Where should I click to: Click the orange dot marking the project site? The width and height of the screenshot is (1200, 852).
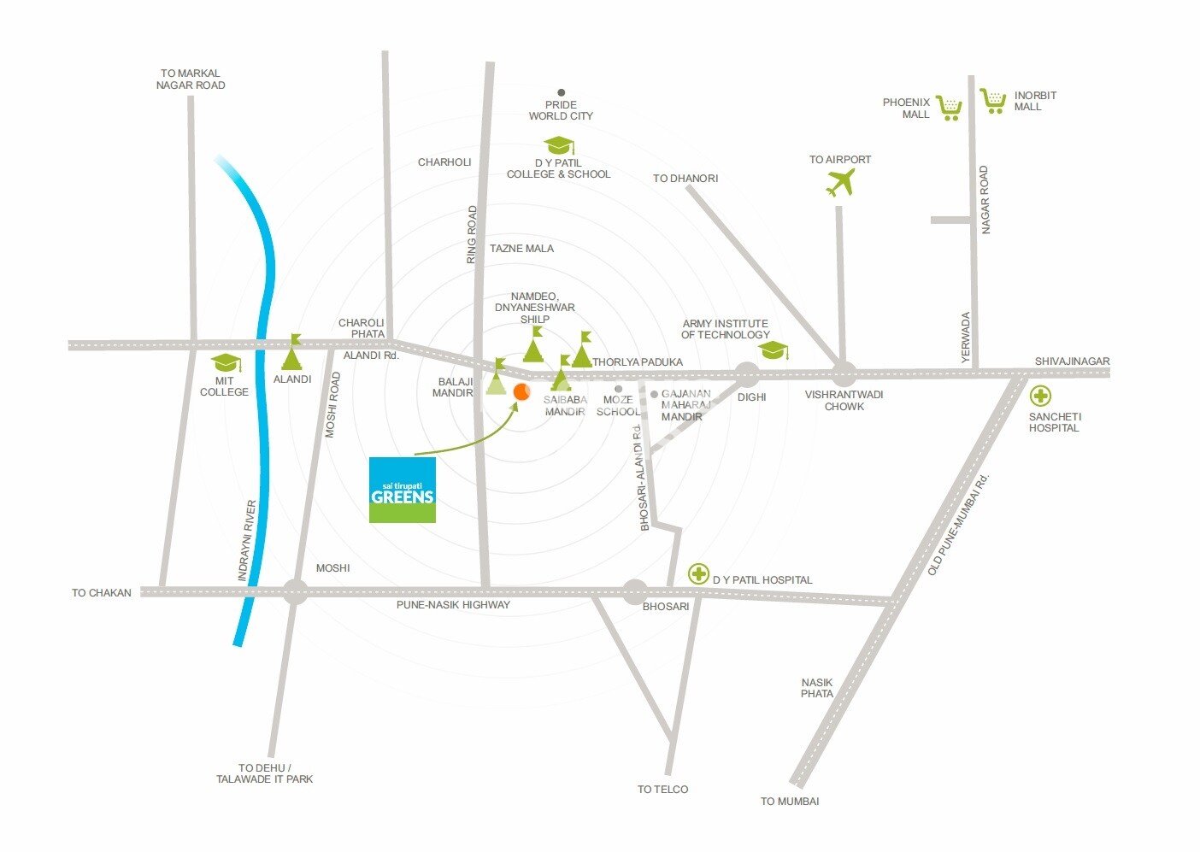click(x=521, y=391)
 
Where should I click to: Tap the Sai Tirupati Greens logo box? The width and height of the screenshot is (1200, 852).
click(x=403, y=490)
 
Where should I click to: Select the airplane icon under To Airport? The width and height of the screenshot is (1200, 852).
click(x=841, y=182)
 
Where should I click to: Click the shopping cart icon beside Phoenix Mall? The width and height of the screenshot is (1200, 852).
click(x=949, y=108)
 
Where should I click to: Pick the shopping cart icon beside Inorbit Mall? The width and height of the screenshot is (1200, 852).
click(x=993, y=101)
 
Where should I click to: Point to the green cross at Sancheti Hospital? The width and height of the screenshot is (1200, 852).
click(x=1040, y=396)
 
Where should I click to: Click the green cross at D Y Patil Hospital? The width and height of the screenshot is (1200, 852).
click(x=699, y=573)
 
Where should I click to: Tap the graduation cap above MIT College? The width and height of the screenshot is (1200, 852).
click(x=226, y=363)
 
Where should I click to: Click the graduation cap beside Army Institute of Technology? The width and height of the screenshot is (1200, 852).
click(x=774, y=350)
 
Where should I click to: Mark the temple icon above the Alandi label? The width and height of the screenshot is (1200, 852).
click(x=293, y=353)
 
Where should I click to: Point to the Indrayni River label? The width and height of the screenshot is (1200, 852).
click(x=247, y=541)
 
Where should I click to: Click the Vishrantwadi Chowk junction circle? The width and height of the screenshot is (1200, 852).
click(x=844, y=373)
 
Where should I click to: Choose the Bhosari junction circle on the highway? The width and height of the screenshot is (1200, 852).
click(x=634, y=591)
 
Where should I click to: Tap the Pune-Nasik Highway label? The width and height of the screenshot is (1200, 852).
click(x=453, y=605)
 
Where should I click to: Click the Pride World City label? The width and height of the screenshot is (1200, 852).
click(x=561, y=110)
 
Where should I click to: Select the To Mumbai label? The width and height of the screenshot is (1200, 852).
click(x=790, y=802)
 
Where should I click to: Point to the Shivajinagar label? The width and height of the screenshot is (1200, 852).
click(x=1072, y=361)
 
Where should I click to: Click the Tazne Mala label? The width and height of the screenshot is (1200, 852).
click(x=521, y=249)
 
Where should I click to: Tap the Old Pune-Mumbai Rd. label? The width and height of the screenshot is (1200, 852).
click(x=958, y=524)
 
